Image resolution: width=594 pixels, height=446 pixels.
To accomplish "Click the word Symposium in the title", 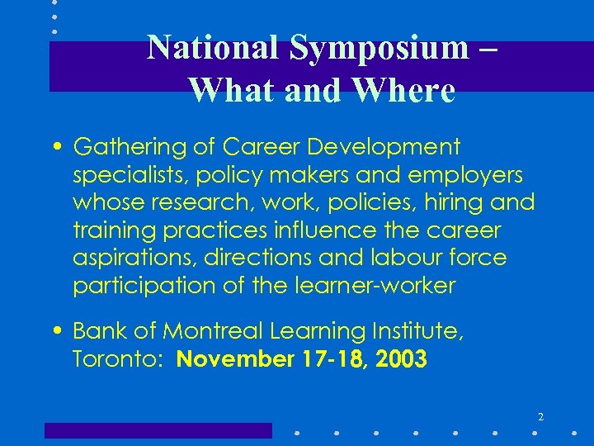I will tap(378, 48).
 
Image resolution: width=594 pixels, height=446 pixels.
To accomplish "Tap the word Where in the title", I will tap(403, 89).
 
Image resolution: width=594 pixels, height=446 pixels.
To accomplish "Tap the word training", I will tap(106, 230).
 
